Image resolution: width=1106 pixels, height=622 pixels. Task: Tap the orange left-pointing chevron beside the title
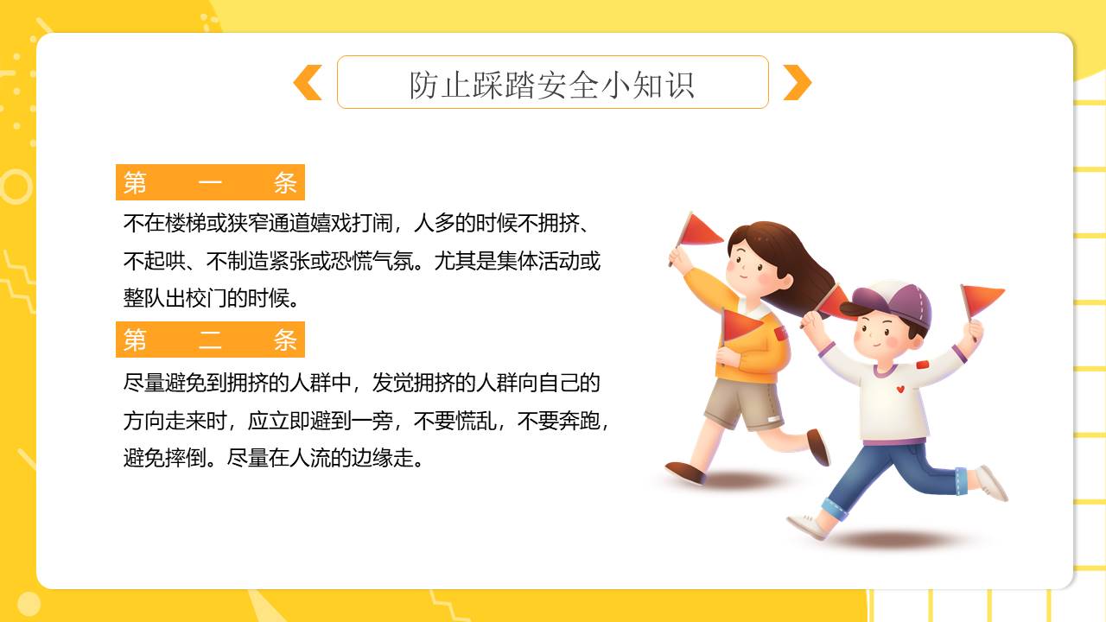pos(308,83)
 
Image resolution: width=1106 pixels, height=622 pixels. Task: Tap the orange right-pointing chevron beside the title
pos(797,83)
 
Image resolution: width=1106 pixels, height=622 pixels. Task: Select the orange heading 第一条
pos(210,182)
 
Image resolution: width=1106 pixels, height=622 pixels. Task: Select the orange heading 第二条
pos(210,340)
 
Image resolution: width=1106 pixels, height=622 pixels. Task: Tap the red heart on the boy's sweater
pos(900,389)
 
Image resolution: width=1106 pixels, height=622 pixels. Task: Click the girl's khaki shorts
pos(743,402)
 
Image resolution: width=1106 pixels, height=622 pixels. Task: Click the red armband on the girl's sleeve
pos(780,333)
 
